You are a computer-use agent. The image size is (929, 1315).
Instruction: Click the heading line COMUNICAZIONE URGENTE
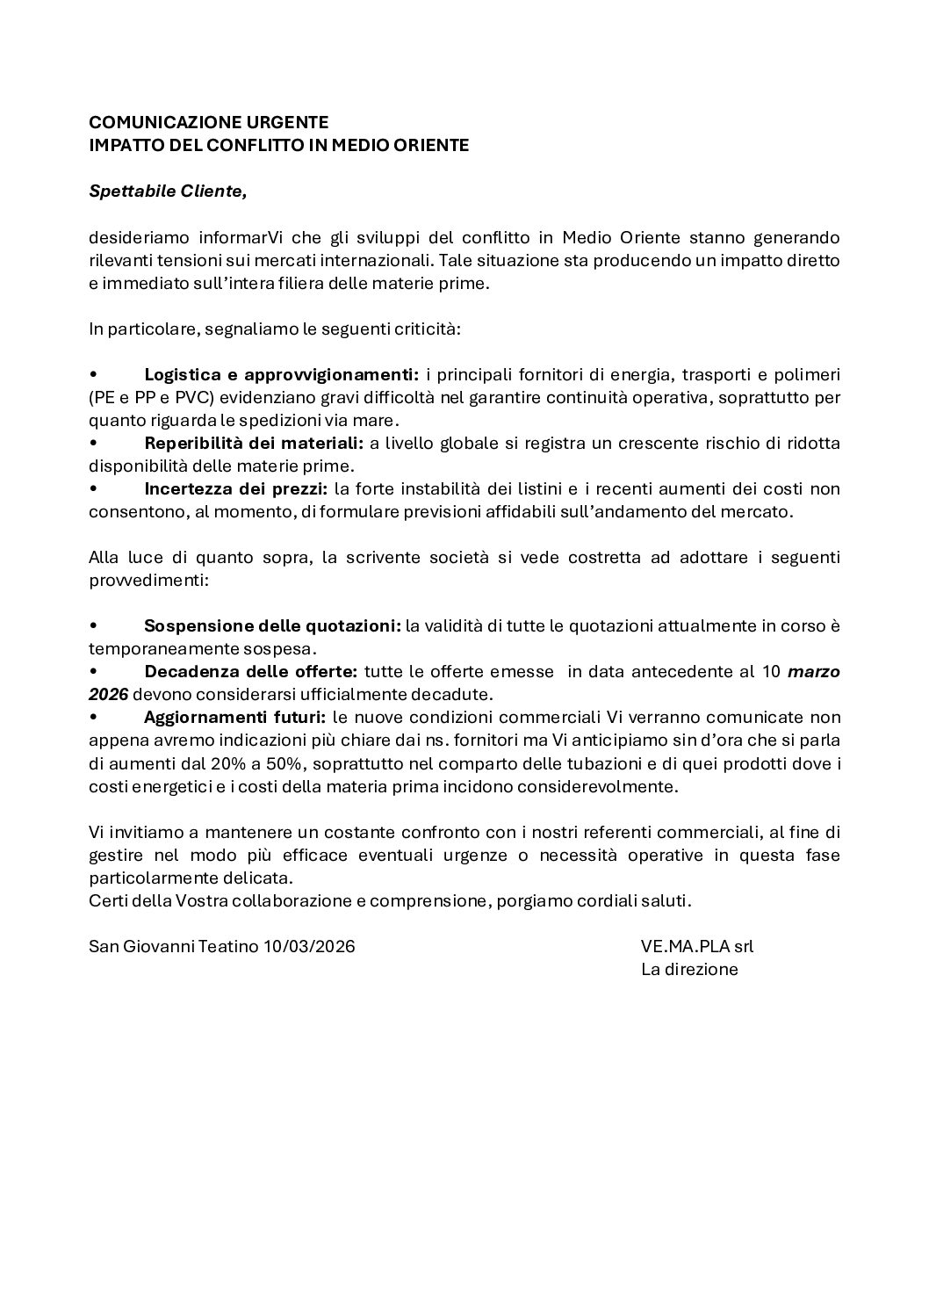tap(209, 122)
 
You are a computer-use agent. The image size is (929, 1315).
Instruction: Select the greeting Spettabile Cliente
tap(168, 191)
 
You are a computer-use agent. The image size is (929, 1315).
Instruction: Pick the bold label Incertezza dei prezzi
tap(236, 488)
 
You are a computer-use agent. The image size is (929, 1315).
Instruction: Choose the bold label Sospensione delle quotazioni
tap(272, 626)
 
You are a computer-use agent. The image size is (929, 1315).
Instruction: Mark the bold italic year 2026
tap(108, 695)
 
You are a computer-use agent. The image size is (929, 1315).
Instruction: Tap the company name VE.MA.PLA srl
tap(697, 946)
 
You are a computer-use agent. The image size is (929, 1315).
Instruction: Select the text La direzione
tap(689, 969)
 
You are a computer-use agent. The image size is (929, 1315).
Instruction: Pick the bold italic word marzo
tap(814, 672)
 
